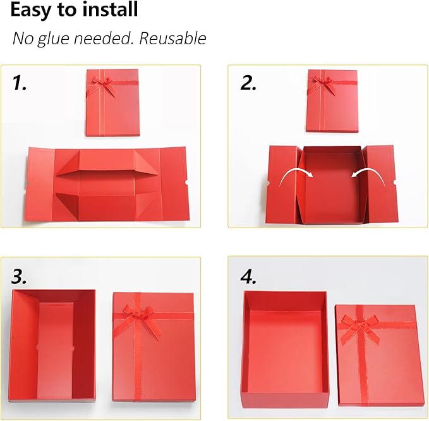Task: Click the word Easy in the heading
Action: point(31,11)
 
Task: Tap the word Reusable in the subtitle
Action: point(172,38)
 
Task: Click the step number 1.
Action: point(20,83)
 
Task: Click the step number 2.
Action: point(248,83)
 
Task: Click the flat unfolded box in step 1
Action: point(107,184)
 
